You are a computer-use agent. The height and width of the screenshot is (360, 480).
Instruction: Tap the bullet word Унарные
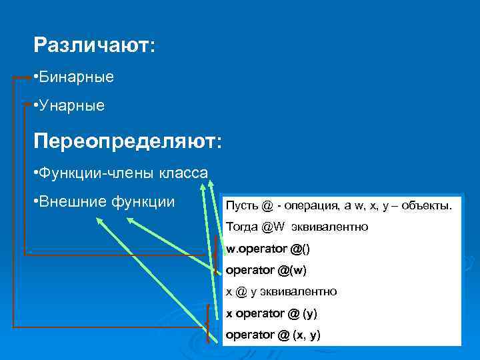[x=72, y=105]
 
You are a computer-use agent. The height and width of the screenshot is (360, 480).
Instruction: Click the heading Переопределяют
[x=126, y=141]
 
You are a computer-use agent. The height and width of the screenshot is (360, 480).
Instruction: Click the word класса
[x=183, y=173]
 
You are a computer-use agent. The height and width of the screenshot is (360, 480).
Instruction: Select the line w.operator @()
[x=268, y=248]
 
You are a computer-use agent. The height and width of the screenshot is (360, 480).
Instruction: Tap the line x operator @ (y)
[x=271, y=313]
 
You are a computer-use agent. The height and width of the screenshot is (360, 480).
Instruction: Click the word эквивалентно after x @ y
[x=302, y=291]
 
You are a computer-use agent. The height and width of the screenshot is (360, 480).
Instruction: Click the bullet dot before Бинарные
[x=34, y=77]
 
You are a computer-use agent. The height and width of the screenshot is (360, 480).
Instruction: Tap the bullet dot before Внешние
[x=34, y=201]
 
